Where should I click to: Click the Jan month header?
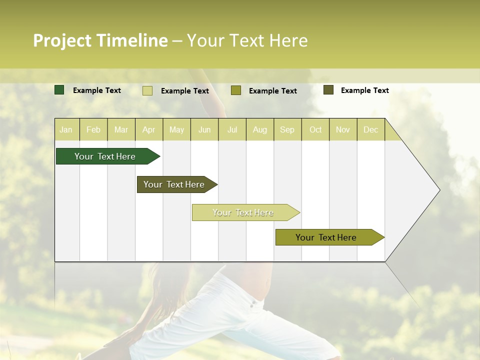click(x=66, y=130)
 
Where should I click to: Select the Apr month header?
click(x=148, y=130)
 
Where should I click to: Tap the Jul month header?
click(x=232, y=130)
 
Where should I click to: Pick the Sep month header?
click(x=287, y=130)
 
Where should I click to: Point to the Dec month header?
click(x=370, y=130)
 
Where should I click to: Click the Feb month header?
click(x=93, y=130)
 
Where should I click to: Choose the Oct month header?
click(x=315, y=130)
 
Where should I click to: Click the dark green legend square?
click(x=59, y=90)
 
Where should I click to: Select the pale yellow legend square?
click(x=147, y=90)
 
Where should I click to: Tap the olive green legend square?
click(x=236, y=90)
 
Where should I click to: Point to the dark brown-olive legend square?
click(x=328, y=90)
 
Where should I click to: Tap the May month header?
click(x=176, y=130)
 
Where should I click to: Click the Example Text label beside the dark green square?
click(x=97, y=90)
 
